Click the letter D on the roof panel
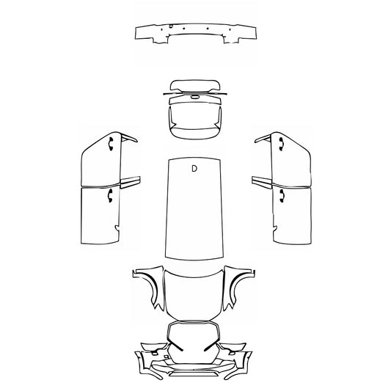194,169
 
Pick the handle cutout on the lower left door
109,194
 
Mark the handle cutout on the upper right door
279,144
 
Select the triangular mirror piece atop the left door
129,139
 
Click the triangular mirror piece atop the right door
260,139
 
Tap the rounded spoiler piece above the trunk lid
194,87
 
